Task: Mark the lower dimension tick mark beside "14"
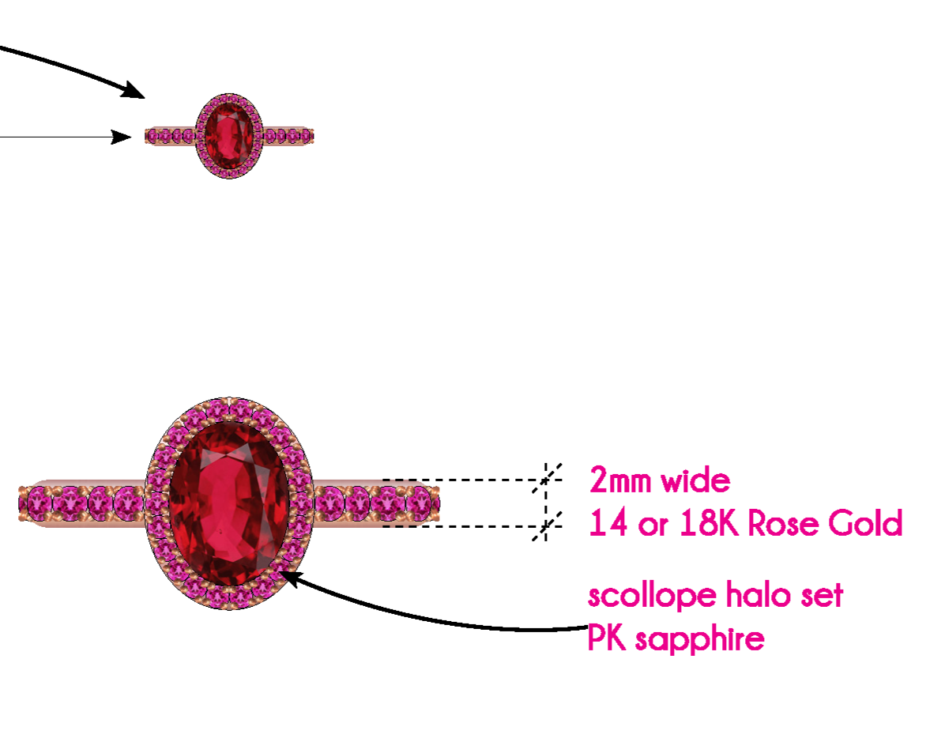(545, 525)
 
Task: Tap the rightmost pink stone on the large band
(422, 503)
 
